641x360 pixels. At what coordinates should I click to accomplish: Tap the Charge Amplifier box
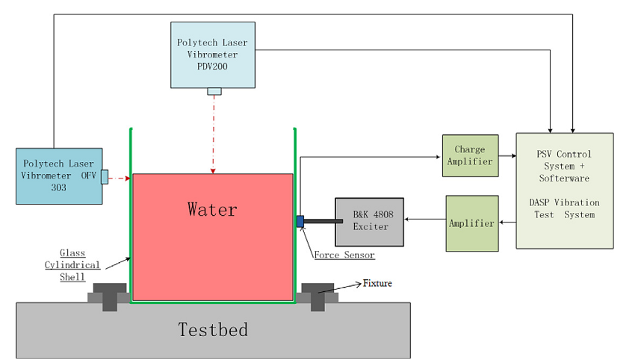pos(470,155)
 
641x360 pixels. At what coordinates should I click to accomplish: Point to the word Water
pos(212,209)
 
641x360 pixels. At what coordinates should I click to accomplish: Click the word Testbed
pos(212,329)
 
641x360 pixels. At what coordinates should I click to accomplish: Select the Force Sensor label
pos(344,255)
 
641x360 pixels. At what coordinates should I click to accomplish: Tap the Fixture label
pos(377,283)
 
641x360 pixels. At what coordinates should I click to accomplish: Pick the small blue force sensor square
pos(300,221)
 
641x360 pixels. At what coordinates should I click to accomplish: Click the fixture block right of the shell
pos(317,294)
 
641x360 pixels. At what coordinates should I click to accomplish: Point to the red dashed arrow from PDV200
pos(214,134)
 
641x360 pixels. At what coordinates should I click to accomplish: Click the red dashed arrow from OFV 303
pos(120,178)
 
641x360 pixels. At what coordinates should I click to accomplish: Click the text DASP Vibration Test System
pos(564,208)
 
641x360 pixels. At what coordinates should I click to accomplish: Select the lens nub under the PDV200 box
pos(214,91)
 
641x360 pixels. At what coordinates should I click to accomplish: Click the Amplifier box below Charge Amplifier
pos(471,223)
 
